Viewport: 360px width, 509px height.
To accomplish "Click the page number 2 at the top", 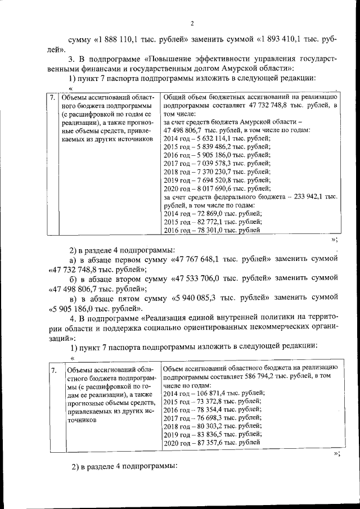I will (x=191, y=23).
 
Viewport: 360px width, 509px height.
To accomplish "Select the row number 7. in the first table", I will (x=52, y=97).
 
